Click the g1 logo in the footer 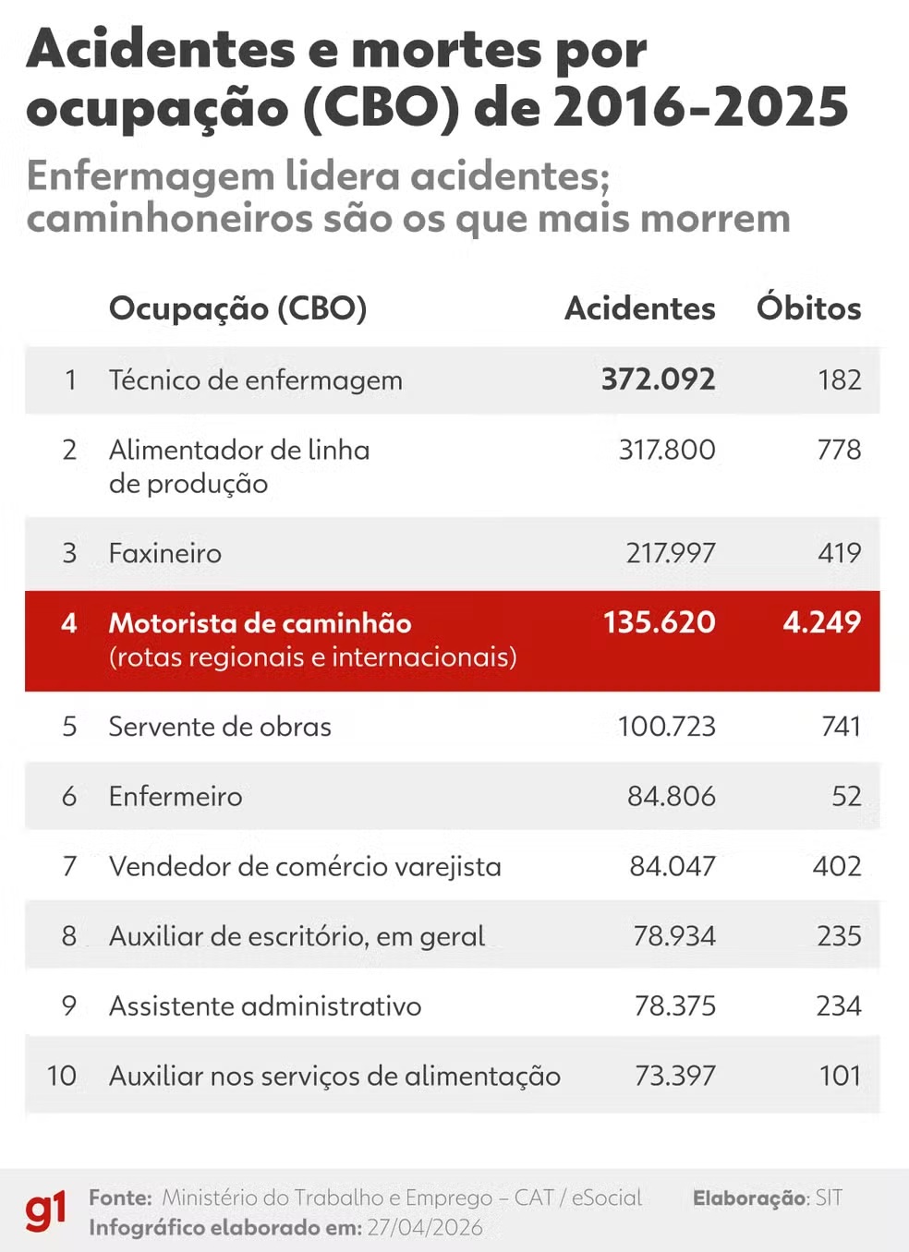pos(45,1210)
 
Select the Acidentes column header pos(639,308)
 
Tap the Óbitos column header pos(808,308)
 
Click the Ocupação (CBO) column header pos(237,308)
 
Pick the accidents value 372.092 pos(658,379)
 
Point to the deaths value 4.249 pos(821,622)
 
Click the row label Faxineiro pos(165,553)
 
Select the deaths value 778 pos(839,450)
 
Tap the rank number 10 pos(61,1076)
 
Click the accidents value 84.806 pos(671,796)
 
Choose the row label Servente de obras pos(220,727)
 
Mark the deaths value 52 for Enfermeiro pos(846,796)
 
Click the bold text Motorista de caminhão pos(260,623)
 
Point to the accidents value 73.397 pos(674,1076)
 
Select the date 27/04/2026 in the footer pos(425,1227)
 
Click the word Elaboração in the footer pos(750,1198)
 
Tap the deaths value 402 pos(837,866)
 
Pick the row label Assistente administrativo pos(265,1005)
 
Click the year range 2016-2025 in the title pos(700,107)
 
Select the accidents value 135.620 pos(659,622)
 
